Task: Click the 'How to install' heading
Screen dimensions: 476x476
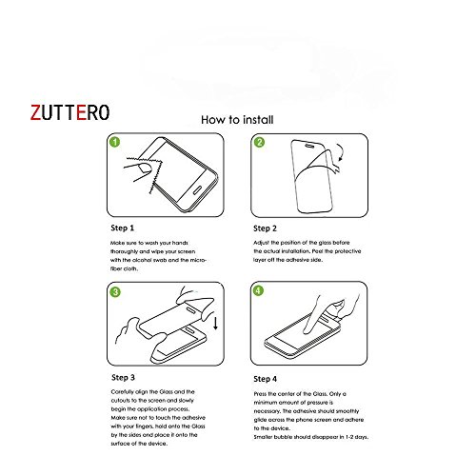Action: [x=238, y=122]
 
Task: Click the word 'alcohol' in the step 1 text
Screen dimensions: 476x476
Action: [x=140, y=260]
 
